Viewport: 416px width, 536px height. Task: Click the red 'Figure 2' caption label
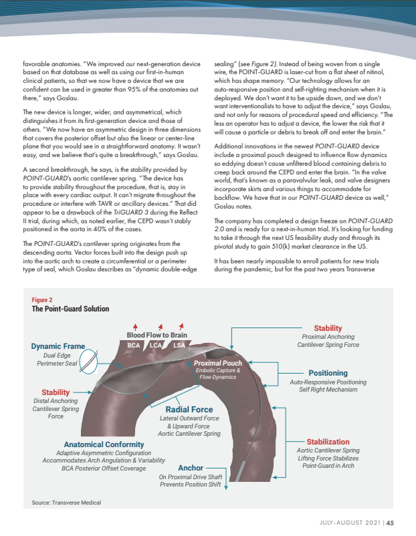42,301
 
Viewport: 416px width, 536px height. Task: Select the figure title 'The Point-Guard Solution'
70,309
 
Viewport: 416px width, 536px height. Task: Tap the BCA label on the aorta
134,345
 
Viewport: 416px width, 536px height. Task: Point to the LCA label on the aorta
157,345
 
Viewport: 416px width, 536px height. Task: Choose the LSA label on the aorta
179,345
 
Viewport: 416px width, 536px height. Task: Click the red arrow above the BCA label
136,326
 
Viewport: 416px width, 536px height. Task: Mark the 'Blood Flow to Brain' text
157,335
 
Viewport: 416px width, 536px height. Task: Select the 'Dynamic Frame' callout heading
58,346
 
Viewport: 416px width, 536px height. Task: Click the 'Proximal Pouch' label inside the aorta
218,363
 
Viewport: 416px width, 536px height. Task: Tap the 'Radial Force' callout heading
189,409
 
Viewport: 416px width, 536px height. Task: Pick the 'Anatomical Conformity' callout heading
104,444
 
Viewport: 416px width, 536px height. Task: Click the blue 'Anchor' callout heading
190,468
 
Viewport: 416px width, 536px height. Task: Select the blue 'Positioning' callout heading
328,372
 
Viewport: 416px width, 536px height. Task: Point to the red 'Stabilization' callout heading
328,442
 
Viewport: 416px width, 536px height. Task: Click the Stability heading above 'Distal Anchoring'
56,392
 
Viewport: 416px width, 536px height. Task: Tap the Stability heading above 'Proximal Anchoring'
328,328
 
